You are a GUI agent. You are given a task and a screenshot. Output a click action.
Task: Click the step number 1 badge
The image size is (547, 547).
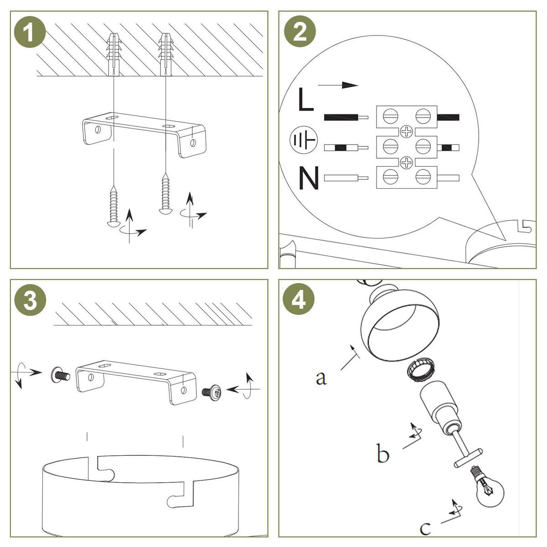pyautogui.click(x=30, y=32)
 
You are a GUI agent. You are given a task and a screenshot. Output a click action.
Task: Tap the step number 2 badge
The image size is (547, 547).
pyautogui.click(x=300, y=31)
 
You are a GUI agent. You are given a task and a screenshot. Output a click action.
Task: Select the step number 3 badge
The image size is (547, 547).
pyautogui.click(x=30, y=300)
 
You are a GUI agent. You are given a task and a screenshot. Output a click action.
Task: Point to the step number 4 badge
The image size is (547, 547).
pyautogui.click(x=299, y=299)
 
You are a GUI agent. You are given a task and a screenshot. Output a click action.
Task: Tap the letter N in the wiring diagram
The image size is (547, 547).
pyautogui.click(x=309, y=178)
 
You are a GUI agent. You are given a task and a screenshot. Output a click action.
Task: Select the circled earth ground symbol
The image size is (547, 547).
pyautogui.click(x=304, y=140)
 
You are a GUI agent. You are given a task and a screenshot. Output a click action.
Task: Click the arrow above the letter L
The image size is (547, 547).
pyautogui.click(x=338, y=85)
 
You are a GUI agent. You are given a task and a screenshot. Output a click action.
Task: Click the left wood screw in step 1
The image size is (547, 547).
pyautogui.click(x=114, y=206)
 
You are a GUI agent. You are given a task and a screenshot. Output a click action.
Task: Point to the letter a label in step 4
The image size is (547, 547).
pyautogui.click(x=321, y=378)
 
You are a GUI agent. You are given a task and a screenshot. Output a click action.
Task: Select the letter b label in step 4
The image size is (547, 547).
pyautogui.click(x=382, y=453)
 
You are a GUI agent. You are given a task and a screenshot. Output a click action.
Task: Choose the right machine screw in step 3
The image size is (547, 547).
pyautogui.click(x=212, y=392)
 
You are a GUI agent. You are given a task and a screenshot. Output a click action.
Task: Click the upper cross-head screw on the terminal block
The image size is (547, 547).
pyautogui.click(x=407, y=132)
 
